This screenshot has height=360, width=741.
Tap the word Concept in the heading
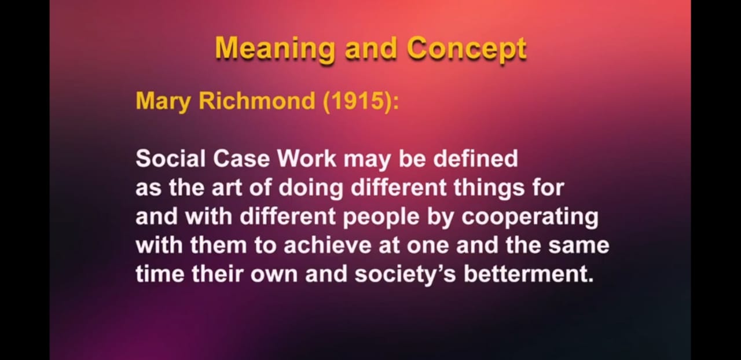coord(467,49)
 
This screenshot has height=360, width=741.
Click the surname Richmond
coord(256,100)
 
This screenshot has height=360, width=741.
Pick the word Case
coord(241,159)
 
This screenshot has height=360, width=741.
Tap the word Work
coord(307,159)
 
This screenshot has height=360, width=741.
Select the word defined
coord(475,159)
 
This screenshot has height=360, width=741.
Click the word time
coord(160,274)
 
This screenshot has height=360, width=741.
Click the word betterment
coord(529,274)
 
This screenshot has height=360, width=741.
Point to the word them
coord(219,245)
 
